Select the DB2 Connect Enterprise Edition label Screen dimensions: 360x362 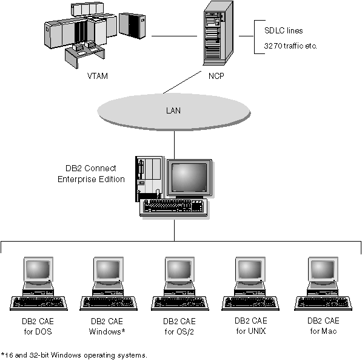[92, 174]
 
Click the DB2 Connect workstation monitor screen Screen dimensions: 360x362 [189, 178]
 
